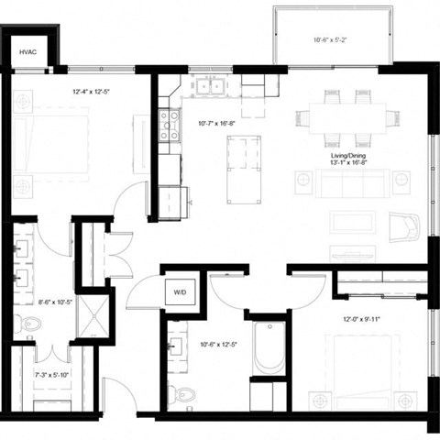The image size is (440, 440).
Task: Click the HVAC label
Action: [x=27, y=53]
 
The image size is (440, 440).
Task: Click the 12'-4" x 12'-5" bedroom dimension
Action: [x=92, y=92]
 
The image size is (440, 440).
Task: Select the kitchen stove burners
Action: [x=169, y=125]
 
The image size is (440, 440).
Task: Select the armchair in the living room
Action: [x=403, y=225]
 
